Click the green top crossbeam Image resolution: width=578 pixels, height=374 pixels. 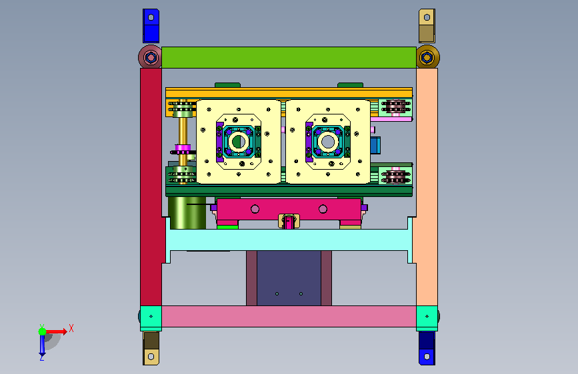[289, 57]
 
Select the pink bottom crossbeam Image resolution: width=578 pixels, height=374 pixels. [289, 316]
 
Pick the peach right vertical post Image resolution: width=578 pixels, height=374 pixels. [427, 186]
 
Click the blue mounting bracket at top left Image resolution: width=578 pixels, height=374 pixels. [151, 26]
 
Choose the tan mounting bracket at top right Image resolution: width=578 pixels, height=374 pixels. [427, 26]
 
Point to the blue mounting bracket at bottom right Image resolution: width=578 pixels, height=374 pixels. [427, 348]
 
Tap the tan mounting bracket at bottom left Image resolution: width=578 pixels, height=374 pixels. [151, 348]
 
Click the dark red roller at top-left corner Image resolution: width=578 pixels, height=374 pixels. [151, 57]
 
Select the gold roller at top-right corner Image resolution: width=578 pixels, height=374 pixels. [427, 57]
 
